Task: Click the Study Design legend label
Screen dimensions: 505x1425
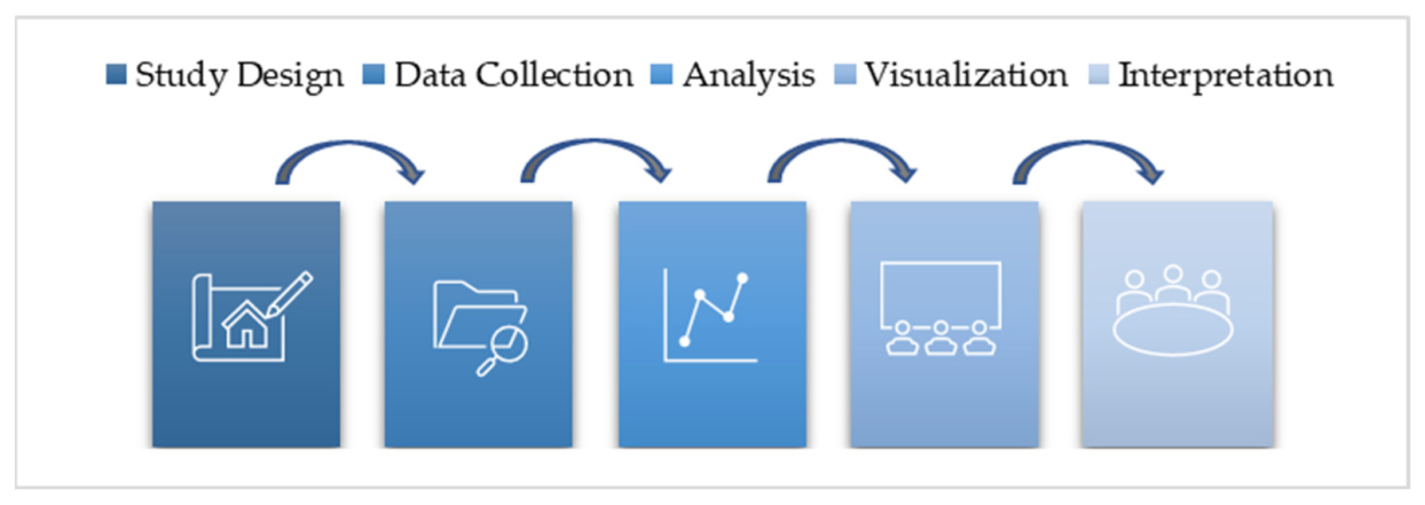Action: click(239, 75)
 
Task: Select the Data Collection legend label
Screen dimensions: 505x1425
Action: click(514, 75)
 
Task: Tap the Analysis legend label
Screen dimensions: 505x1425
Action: click(749, 75)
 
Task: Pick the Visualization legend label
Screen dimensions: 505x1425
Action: click(966, 75)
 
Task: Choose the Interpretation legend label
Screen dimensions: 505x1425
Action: click(1226, 75)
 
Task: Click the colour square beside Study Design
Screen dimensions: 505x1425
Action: click(116, 75)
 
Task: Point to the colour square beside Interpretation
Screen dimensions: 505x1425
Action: click(1099, 75)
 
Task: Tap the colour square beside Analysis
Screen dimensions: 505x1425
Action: click(662, 75)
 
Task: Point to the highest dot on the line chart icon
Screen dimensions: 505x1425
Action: click(743, 279)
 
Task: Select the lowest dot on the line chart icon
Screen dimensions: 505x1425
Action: click(684, 342)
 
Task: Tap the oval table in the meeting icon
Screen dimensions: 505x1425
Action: click(1172, 330)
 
